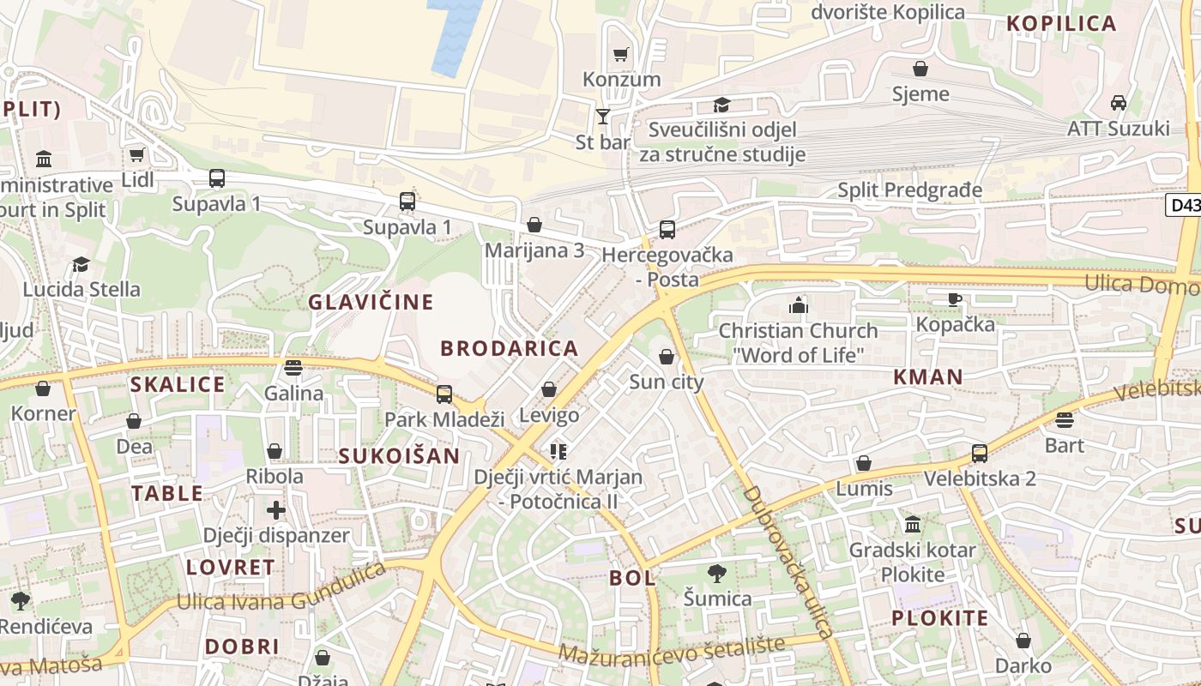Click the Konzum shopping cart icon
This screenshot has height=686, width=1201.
point(621,54)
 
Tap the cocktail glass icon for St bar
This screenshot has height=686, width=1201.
point(603,116)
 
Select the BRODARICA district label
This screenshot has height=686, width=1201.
point(510,348)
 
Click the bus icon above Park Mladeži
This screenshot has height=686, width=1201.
point(444,394)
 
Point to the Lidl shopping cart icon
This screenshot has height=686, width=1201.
point(136,155)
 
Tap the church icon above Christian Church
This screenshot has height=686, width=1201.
point(799,305)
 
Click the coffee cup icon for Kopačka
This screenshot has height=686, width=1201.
point(955,299)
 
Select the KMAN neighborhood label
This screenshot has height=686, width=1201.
point(928,376)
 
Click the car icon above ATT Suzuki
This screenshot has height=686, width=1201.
point(1118,103)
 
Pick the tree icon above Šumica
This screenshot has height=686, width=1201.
point(717,573)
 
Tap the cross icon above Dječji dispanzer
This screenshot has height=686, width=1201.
point(275,510)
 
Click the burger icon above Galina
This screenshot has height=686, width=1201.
point(293,368)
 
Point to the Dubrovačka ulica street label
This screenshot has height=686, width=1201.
point(788,563)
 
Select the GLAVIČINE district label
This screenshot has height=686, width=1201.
point(371,302)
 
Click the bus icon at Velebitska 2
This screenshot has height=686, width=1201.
point(980,453)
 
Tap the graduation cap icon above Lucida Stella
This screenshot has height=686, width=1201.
point(81,264)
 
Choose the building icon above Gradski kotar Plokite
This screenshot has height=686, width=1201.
point(913,524)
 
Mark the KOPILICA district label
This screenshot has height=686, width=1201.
point(1061,24)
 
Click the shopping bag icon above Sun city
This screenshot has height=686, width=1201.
point(667,357)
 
